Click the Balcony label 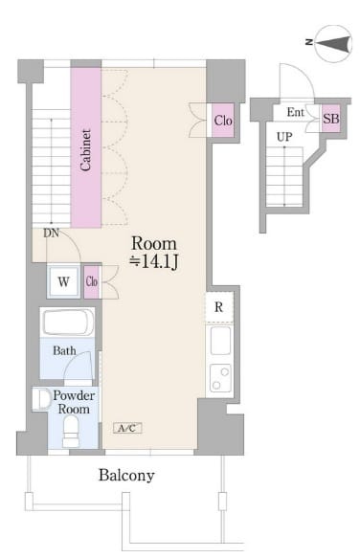[x=126, y=476]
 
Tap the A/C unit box [x=127, y=428]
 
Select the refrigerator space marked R [x=219, y=307]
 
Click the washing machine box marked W [x=63, y=281]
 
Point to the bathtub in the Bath [x=68, y=323]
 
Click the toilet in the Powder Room [x=71, y=431]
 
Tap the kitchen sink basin [x=220, y=341]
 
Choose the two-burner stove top [x=220, y=378]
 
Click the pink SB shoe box [x=331, y=118]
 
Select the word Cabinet [x=85, y=150]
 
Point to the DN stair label [x=52, y=234]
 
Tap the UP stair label [x=284, y=137]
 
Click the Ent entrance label [x=295, y=112]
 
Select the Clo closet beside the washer [x=92, y=281]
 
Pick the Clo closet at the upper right [x=223, y=121]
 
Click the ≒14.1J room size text [x=154, y=262]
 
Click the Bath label [x=64, y=351]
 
